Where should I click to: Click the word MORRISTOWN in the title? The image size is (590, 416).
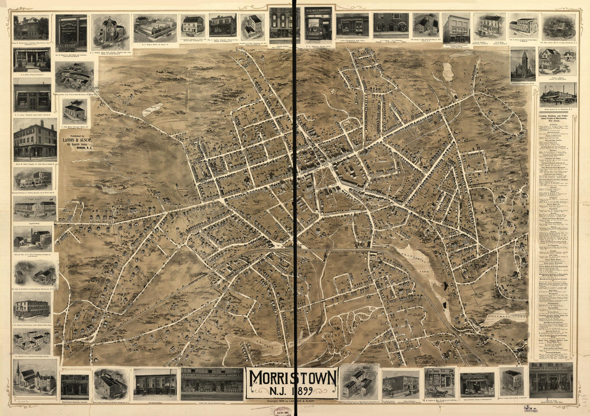click(292, 377)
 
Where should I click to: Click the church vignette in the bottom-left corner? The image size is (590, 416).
click(35, 376)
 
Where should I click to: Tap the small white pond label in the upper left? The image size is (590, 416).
click(153, 109)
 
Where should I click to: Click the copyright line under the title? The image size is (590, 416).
click(292, 400)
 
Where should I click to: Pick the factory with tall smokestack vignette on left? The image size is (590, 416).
click(35, 236)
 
